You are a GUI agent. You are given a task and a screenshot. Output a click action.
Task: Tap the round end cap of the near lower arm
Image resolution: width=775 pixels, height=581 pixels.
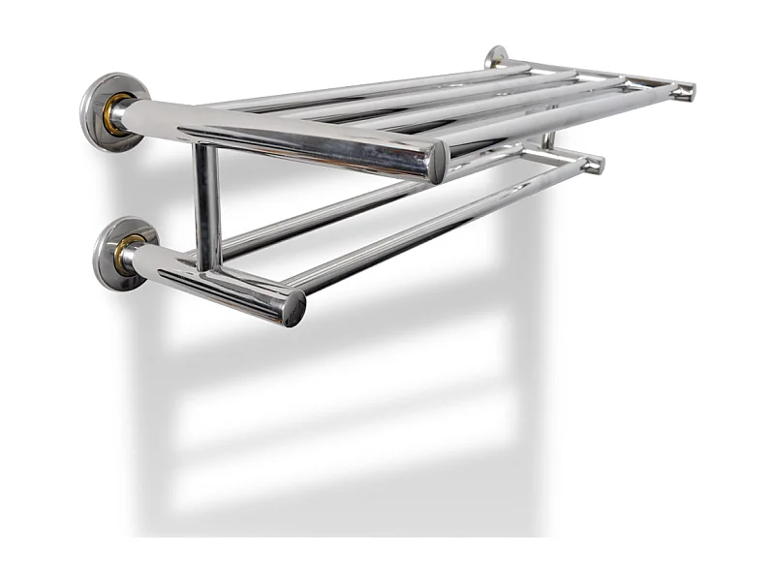click(x=294, y=309)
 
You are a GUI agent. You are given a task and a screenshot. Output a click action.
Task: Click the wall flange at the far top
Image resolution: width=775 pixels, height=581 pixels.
click(x=496, y=56)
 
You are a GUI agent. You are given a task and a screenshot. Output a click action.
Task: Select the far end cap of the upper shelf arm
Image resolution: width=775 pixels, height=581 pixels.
click(x=685, y=92)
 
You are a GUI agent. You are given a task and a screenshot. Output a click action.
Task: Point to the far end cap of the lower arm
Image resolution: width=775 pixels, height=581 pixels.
click(x=594, y=164)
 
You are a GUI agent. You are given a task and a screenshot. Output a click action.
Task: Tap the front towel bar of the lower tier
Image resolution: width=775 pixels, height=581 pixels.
click(x=436, y=225)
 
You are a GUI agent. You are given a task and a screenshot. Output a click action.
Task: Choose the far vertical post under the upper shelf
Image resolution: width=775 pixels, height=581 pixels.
click(x=549, y=142)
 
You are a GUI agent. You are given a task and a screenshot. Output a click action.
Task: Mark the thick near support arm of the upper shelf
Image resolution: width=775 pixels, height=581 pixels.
click(x=291, y=137)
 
